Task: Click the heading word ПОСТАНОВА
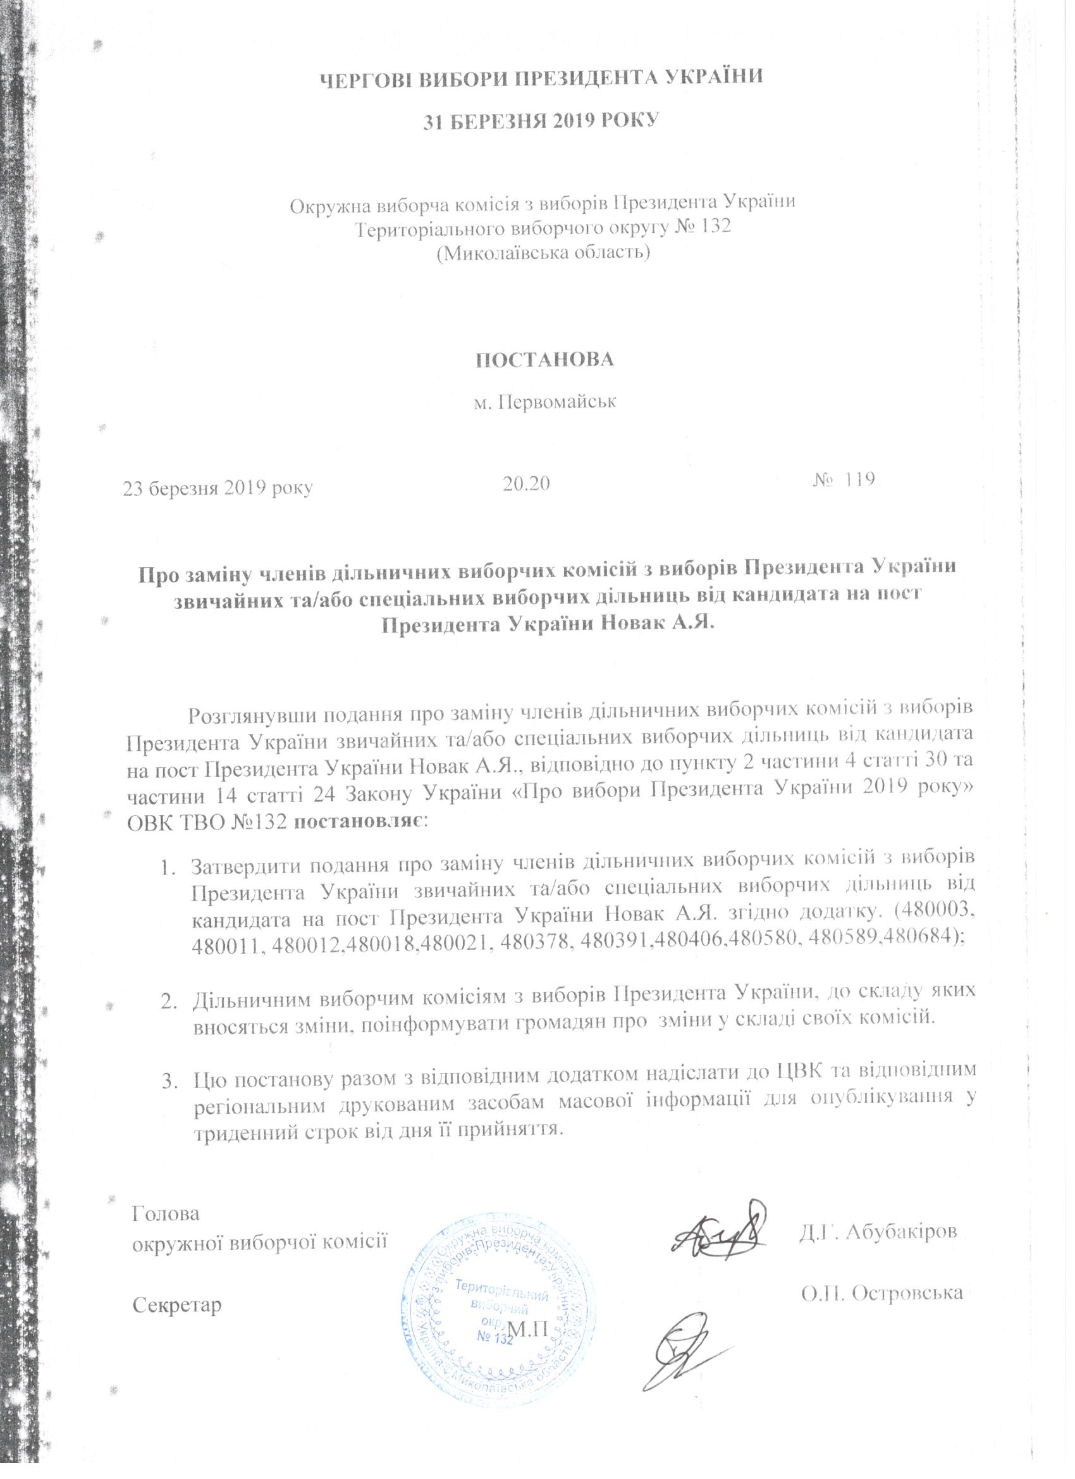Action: tap(543, 360)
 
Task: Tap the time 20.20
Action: tap(526, 483)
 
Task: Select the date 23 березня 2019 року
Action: tap(218, 488)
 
